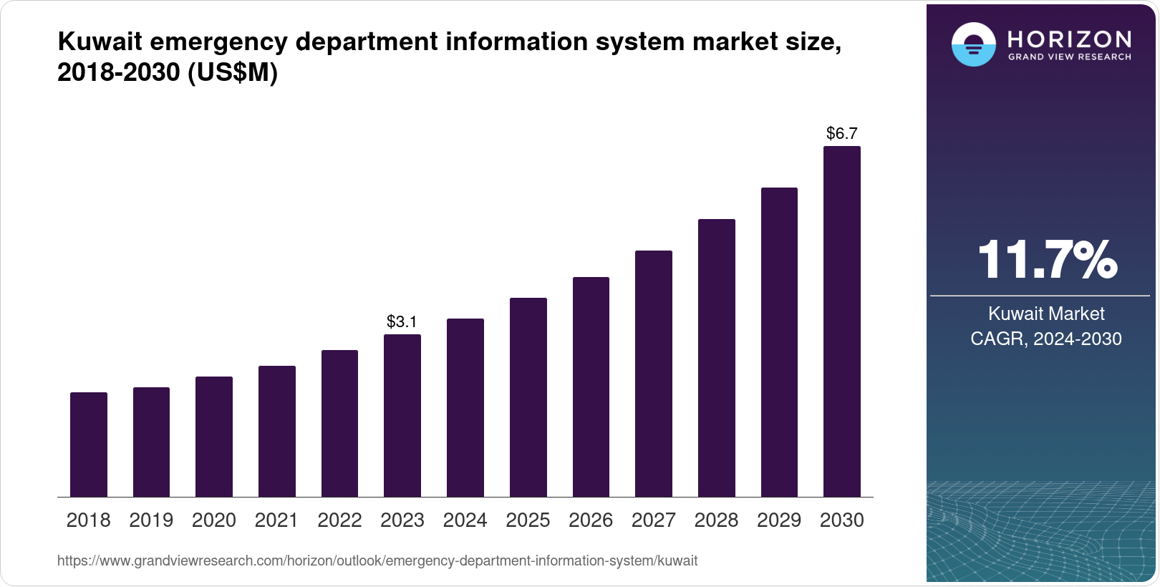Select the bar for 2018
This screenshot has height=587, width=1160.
(x=89, y=445)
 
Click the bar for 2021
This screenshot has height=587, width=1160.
(x=277, y=431)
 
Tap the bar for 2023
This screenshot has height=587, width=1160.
(x=402, y=415)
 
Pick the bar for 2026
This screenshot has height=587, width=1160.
(x=591, y=387)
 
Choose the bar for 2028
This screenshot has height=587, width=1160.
(x=717, y=358)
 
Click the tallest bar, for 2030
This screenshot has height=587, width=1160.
(x=842, y=322)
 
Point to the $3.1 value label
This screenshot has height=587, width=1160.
(x=402, y=322)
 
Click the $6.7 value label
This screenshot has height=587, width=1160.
(x=841, y=133)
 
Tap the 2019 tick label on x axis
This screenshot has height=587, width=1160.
(x=151, y=520)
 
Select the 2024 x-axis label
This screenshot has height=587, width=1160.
(x=465, y=520)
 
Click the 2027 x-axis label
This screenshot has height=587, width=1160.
(x=654, y=520)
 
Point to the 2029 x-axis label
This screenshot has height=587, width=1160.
(x=779, y=520)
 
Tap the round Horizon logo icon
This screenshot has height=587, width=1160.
(x=973, y=44)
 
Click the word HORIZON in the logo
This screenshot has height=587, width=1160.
(x=1069, y=39)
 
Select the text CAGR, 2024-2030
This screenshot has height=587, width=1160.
(x=1046, y=339)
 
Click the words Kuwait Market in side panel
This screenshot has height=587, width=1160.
(x=1046, y=314)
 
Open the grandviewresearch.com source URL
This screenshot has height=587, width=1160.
(x=377, y=561)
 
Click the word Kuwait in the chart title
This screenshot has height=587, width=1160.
(x=100, y=42)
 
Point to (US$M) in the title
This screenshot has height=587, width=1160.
(x=233, y=72)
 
